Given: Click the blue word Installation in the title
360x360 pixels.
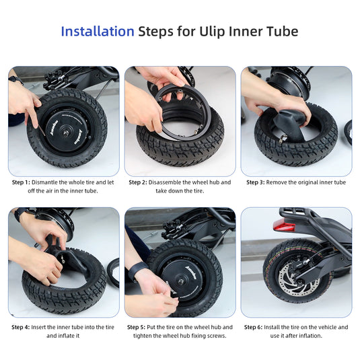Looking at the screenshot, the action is tap(98, 31).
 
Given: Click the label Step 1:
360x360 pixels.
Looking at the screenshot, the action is tap(21, 182).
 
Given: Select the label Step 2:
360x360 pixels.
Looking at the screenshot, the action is tap(138, 182).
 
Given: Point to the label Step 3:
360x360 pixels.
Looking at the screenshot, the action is tap(256, 182).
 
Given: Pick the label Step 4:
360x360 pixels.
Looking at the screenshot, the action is tap(21, 327).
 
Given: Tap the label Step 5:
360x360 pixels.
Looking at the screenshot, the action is tap(136, 327).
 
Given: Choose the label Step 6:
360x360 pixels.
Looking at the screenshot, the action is tap(253, 327).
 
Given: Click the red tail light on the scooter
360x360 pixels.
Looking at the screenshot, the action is tap(284, 225).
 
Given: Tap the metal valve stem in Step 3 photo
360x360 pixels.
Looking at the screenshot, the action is tap(283, 139).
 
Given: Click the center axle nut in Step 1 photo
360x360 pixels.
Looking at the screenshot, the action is tap(66, 133).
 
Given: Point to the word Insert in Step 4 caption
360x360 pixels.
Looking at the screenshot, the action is tap(38, 327).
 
